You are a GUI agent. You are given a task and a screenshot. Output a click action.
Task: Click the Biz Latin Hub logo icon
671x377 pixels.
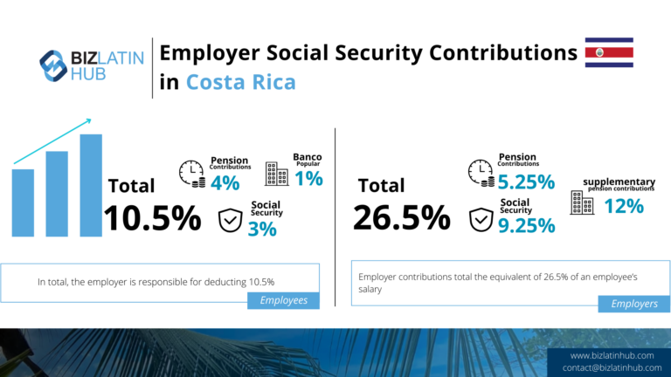click(x=53, y=63)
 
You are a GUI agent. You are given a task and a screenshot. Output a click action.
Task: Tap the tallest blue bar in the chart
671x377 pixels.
click(x=90, y=184)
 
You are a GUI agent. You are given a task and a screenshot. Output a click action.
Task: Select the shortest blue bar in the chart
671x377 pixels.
click(x=23, y=202)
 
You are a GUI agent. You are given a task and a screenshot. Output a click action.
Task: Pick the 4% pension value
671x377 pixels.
click(x=225, y=183)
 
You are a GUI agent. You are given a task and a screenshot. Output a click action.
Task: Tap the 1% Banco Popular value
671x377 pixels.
click(x=308, y=178)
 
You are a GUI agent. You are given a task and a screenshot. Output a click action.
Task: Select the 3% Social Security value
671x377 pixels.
click(x=261, y=229)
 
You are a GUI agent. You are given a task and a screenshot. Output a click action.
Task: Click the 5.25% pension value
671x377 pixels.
click(x=527, y=182)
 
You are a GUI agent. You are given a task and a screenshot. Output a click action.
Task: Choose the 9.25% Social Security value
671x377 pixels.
click(x=527, y=226)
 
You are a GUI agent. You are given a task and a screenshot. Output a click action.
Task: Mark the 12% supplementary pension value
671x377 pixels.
click(x=624, y=206)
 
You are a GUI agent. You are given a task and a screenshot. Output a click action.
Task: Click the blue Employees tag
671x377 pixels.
click(x=283, y=300)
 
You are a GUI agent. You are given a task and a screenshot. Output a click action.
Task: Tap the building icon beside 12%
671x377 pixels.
click(x=580, y=203)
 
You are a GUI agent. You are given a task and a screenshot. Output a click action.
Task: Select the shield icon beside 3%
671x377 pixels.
click(x=230, y=220)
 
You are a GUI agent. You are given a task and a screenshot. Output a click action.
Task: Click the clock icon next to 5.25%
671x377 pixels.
click(x=481, y=172)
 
